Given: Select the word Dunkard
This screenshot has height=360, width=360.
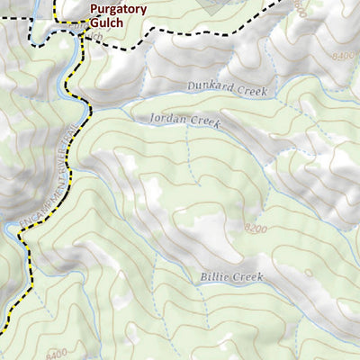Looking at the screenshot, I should tap(207, 85).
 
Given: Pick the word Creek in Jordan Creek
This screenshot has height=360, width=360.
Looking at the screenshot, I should tap(206, 120).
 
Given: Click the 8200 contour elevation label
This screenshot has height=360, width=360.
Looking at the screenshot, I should tap(255, 230).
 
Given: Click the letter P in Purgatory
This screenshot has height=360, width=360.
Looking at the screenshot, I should tap(94, 10).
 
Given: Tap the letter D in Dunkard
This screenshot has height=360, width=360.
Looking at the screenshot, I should tap(191, 85).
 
